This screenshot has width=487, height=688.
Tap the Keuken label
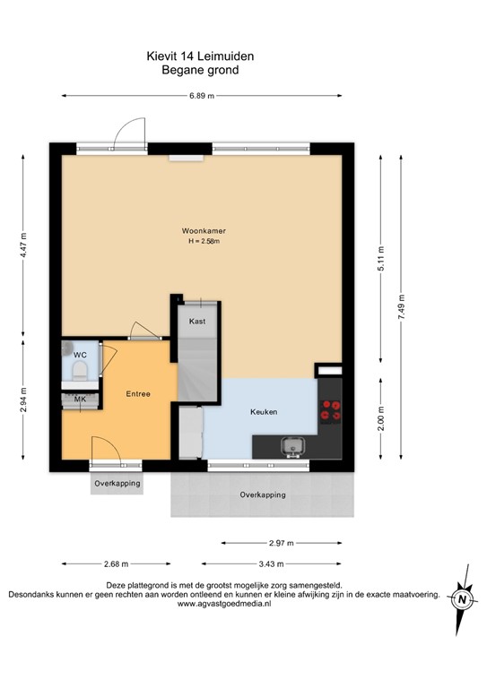[x=263, y=412]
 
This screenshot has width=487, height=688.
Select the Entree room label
[x=137, y=394]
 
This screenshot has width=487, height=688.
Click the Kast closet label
[x=197, y=320]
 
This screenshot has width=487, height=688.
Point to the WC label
[x=80, y=354]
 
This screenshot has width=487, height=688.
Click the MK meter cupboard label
[x=80, y=399]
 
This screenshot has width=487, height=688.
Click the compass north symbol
[x=461, y=598]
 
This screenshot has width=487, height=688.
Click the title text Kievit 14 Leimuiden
[x=200, y=56]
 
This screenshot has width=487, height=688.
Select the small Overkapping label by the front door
[x=117, y=484]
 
